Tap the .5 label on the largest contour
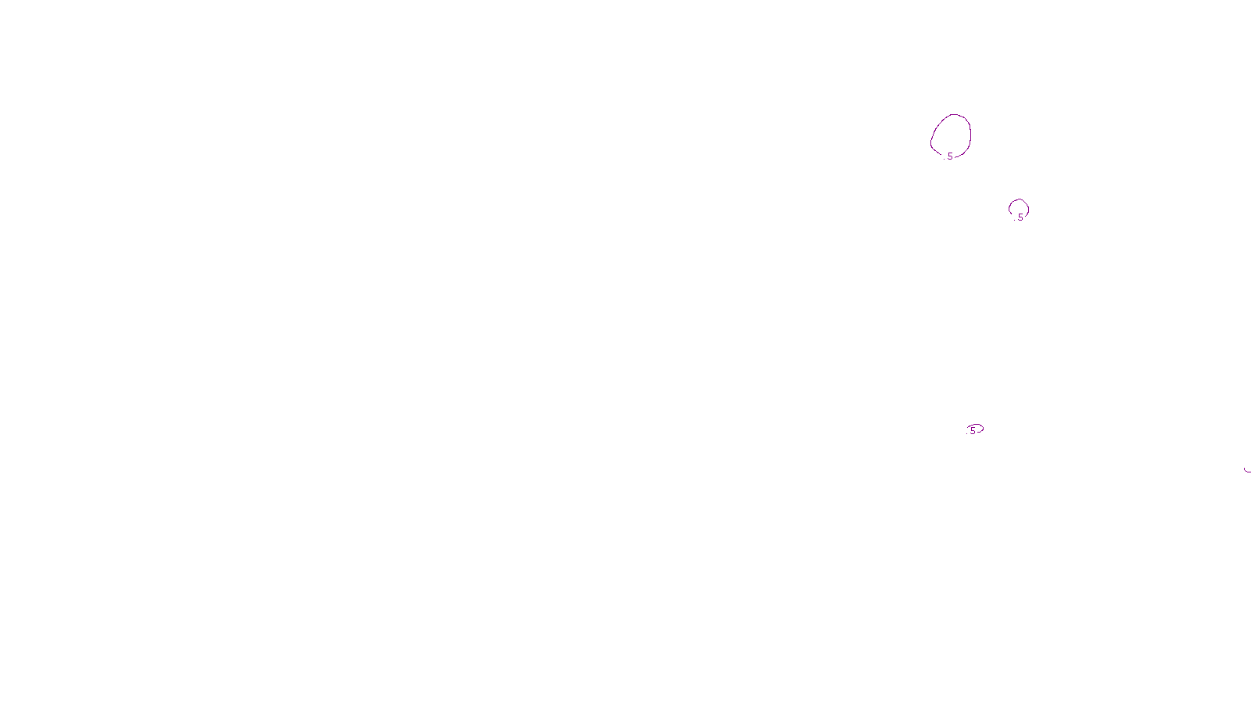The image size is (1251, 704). (x=949, y=156)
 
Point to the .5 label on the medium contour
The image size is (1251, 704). (x=1019, y=217)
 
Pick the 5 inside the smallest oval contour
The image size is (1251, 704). (x=973, y=430)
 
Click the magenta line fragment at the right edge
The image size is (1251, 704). (x=1247, y=470)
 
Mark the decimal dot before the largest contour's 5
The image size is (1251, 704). (x=945, y=159)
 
